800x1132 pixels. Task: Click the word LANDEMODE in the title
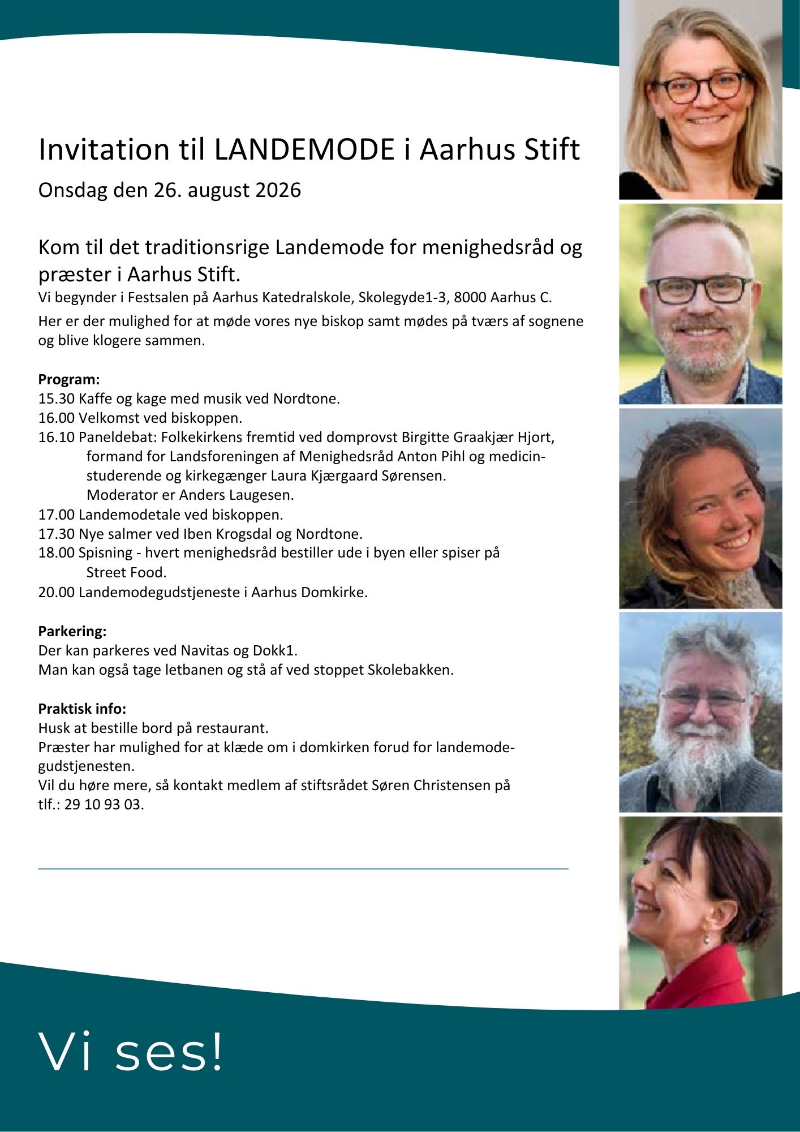[x=304, y=149]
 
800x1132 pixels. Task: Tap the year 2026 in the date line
[x=278, y=190]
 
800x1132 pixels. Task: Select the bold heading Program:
[x=69, y=379]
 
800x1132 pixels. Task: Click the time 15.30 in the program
[x=56, y=398]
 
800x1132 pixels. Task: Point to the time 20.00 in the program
[x=56, y=592]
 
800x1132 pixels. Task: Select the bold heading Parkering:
[x=72, y=631]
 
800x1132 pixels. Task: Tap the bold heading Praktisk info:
[x=82, y=708]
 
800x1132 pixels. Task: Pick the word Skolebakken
[x=410, y=670]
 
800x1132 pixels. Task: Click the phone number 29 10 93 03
[x=104, y=804]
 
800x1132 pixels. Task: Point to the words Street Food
[x=126, y=572]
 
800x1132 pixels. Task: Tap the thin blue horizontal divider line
[x=303, y=868]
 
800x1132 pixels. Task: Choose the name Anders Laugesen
[x=236, y=495]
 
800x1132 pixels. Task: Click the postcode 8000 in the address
[x=470, y=297]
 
